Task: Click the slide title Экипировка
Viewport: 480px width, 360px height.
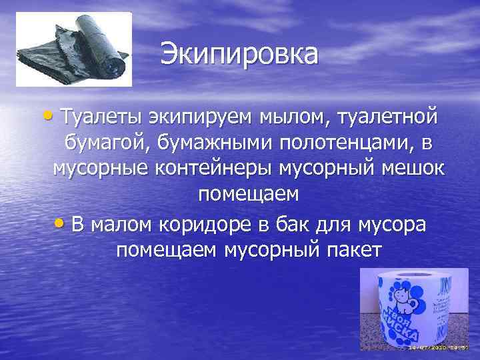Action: [239, 54]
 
